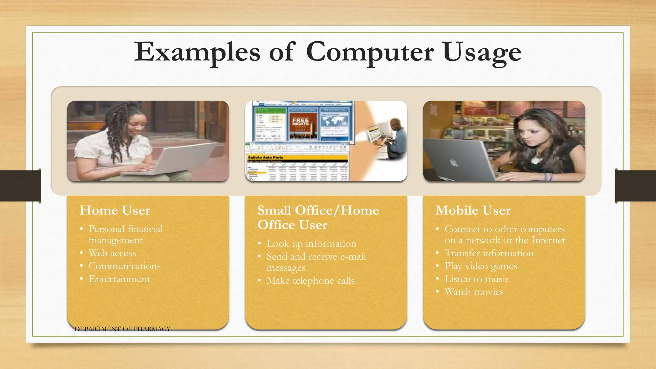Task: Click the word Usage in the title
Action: [x=482, y=52]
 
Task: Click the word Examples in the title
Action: [x=197, y=52]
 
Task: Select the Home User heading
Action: [x=115, y=210]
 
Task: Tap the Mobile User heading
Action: [x=473, y=210]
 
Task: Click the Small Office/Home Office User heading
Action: [x=318, y=217]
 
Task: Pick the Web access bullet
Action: [x=112, y=253]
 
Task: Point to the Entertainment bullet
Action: [x=119, y=279]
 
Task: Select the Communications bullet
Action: [x=124, y=266]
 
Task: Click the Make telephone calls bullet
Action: [x=310, y=281]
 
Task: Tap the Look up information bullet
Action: [x=311, y=244]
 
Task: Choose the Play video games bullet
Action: [x=480, y=266]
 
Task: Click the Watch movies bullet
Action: [x=474, y=292]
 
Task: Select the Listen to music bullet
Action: [x=477, y=279]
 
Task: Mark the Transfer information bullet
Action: [x=489, y=253]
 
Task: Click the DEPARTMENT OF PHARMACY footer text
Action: [x=122, y=329]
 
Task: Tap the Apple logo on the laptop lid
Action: [x=454, y=163]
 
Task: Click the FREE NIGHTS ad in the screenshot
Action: [x=300, y=123]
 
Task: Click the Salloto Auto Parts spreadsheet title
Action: [x=266, y=158]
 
